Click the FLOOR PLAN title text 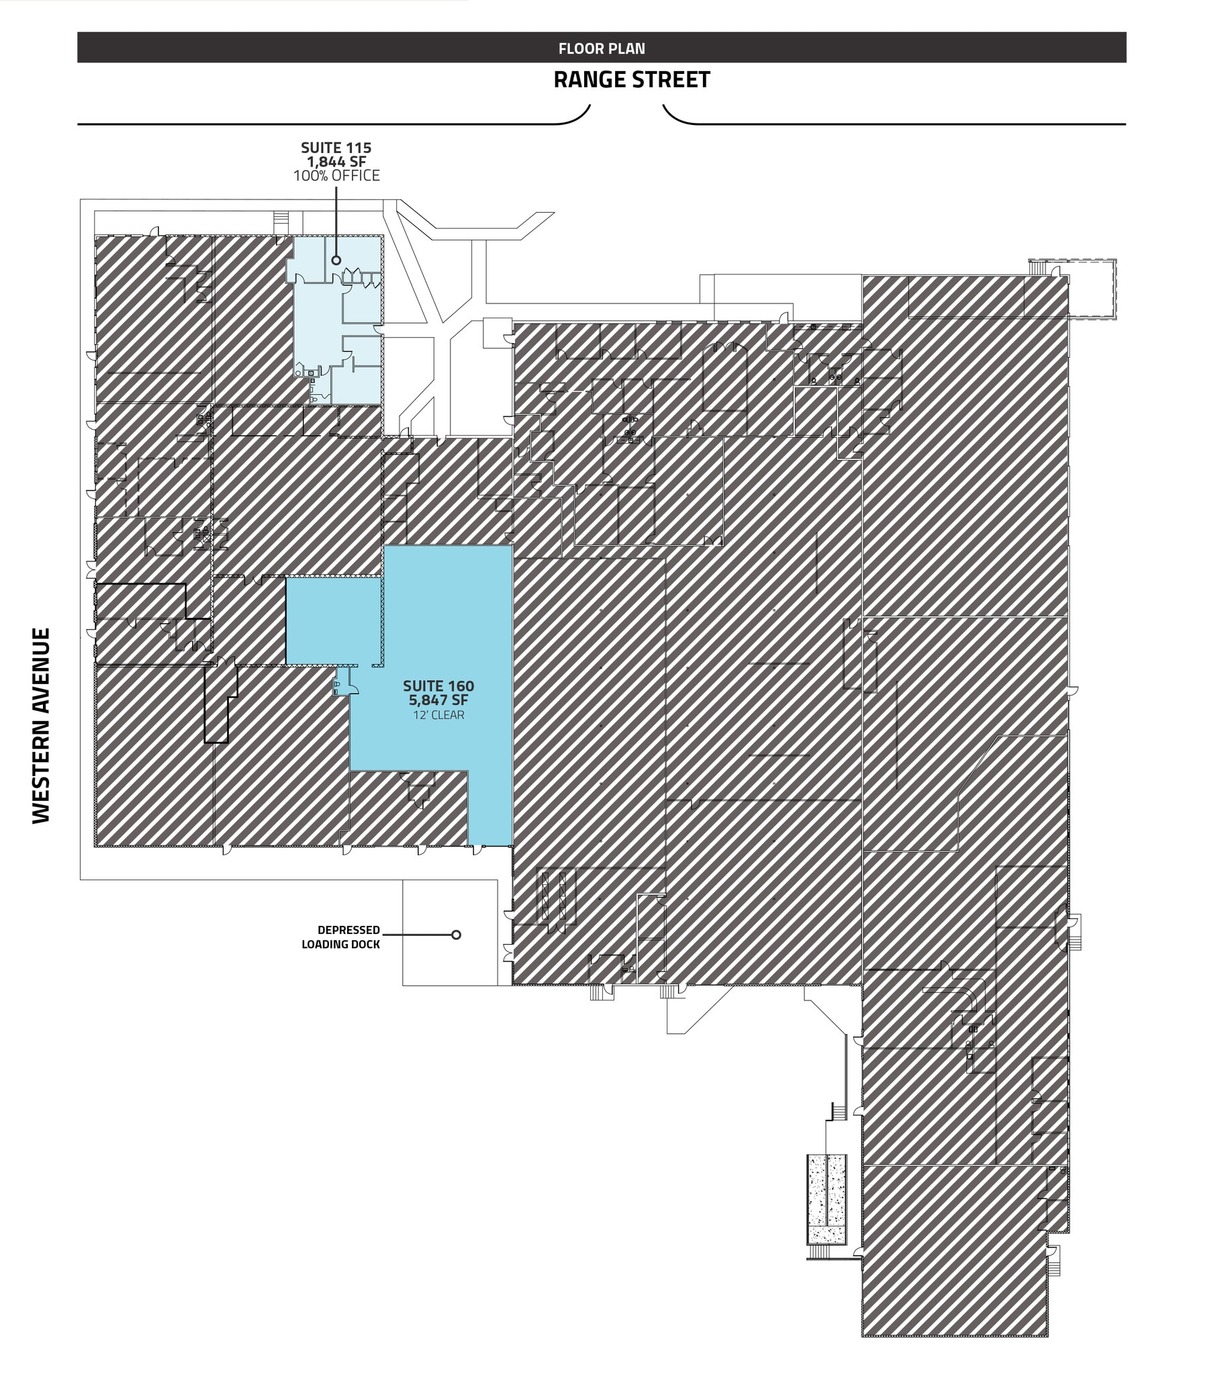pos(601,48)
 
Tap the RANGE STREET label pos(631,80)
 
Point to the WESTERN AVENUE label pos(41,724)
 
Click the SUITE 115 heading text pos(336,147)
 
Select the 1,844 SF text pos(336,161)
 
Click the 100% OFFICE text pos(336,176)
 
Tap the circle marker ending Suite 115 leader pos(336,260)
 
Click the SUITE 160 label pos(438,685)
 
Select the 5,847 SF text pos(438,700)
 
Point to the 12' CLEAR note pos(438,714)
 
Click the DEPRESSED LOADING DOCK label pos(341,937)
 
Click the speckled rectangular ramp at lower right pos(827,1198)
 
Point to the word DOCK pos(364,945)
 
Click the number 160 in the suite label pos(460,685)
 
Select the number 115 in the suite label pos(357,147)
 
